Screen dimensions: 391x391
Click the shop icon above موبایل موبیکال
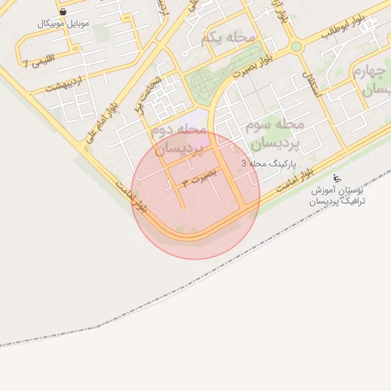click(x=62, y=12)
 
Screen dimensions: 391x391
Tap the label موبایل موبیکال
click(x=63, y=24)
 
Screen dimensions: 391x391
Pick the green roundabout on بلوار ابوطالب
click(x=296, y=46)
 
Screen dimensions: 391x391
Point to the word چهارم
click(x=370, y=71)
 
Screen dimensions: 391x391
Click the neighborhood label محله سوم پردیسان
click(x=274, y=132)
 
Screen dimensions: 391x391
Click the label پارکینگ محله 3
click(x=265, y=163)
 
